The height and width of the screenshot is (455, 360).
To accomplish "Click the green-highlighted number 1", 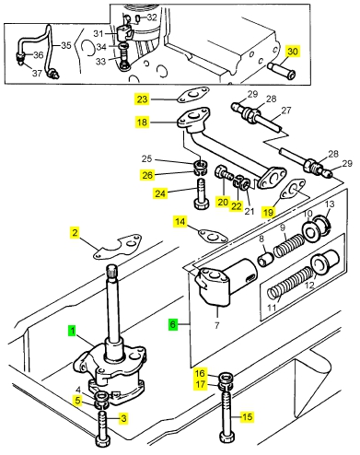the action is pyautogui.click(x=72, y=331).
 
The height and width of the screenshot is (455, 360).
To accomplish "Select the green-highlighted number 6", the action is pyautogui.click(x=173, y=324).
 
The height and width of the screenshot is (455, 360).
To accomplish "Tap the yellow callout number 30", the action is pyautogui.click(x=293, y=52).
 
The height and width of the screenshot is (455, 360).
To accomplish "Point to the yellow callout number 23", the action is pyautogui.click(x=142, y=99).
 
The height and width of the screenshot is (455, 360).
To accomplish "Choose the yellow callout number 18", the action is pyautogui.click(x=142, y=122).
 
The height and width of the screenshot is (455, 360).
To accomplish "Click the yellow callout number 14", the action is pyautogui.click(x=180, y=221).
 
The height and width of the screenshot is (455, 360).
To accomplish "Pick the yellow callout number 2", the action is pyautogui.click(x=75, y=232).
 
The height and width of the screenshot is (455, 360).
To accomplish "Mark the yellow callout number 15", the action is pyautogui.click(x=247, y=416).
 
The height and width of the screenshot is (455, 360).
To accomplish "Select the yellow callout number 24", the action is pyautogui.click(x=160, y=193).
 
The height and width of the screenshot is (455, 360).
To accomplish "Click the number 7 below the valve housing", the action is pyautogui.click(x=217, y=325).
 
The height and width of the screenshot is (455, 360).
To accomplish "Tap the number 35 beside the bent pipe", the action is pyautogui.click(x=66, y=45).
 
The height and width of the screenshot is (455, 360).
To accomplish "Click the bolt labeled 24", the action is pyautogui.click(x=202, y=194).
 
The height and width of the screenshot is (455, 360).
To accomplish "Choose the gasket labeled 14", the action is pyautogui.click(x=214, y=236).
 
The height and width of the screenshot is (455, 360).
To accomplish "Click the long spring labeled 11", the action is pyautogui.click(x=291, y=282).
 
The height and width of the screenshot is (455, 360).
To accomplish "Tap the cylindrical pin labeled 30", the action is pyautogui.click(x=281, y=70).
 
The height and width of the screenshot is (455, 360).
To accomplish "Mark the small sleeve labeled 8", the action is pyautogui.click(x=265, y=258).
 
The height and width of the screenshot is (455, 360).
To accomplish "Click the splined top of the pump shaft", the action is pyautogui.click(x=111, y=271).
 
